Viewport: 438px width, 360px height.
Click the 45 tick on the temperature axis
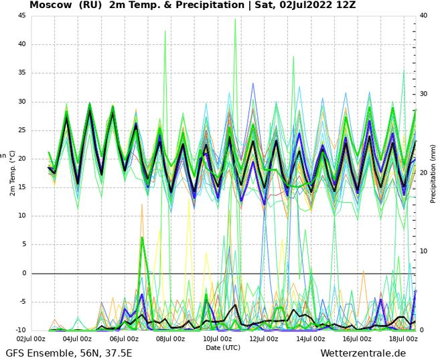pos(22,16)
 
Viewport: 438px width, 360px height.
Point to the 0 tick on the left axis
pos(24,273)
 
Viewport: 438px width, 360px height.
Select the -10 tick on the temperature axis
pos(21,331)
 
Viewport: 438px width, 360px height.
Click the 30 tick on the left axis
pos(22,102)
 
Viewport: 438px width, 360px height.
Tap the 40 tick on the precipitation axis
pos(423,15)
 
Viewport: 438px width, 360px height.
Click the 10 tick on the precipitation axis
pos(423,252)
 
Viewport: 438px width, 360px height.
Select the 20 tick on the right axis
pos(423,173)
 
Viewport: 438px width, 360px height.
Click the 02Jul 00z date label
pos(31,339)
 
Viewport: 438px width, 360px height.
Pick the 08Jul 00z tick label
pos(170,339)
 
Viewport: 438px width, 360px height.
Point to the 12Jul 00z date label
pos(263,339)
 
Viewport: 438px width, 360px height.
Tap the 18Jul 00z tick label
pos(403,339)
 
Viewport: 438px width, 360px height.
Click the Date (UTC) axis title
pos(223,347)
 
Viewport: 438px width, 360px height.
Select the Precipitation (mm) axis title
pos(433,173)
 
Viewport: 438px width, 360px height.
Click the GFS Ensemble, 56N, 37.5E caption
pos(68,353)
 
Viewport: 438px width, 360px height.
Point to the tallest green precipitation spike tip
pos(235,19)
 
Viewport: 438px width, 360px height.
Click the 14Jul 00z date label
pos(309,339)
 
